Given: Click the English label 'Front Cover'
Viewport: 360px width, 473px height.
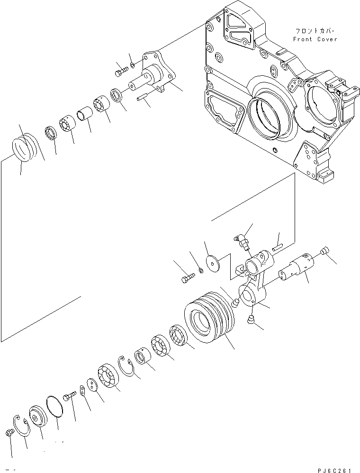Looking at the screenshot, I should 315,39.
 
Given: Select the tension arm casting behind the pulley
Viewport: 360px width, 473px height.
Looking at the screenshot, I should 253,284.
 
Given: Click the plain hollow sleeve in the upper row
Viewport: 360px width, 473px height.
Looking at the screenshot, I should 84,116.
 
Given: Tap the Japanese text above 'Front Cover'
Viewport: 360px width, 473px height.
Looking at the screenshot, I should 315,31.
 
